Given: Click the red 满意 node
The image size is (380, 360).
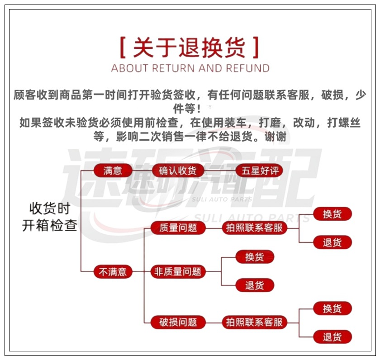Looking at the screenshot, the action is tap(113, 171).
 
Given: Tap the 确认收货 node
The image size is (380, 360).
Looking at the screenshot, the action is tap(177, 171).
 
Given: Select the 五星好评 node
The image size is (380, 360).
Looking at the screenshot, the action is tap(260, 171).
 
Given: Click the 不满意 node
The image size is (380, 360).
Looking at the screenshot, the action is tap(113, 271).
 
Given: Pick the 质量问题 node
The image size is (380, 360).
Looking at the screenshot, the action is tap(178, 228).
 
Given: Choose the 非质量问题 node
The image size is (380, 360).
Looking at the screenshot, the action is tap(178, 271).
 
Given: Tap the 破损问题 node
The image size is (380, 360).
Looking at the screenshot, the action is tap(178, 322).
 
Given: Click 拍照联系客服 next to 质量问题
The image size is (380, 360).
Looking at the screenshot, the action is tap(254, 228).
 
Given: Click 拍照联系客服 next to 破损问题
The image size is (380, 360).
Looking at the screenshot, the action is tap(254, 322).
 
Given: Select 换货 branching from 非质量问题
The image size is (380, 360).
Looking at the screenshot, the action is tap(254, 257).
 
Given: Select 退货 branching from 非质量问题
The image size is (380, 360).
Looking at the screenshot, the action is tap(254, 285).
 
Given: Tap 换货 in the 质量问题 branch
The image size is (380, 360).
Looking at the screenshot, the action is tap(332, 214).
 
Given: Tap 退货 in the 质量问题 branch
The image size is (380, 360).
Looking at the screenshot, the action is tap(332, 242).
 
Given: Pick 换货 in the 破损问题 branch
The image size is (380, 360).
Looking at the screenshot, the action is tap(332, 308).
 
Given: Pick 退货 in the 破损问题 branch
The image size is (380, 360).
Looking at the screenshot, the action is tap(332, 337).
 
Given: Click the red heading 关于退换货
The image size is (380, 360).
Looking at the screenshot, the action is tap(190, 47).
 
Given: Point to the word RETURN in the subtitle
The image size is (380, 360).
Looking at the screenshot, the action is tap(173, 68).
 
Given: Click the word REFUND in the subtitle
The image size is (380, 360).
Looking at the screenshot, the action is tap(248, 68).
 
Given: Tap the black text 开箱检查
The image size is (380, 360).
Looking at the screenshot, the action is tap(50, 226).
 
